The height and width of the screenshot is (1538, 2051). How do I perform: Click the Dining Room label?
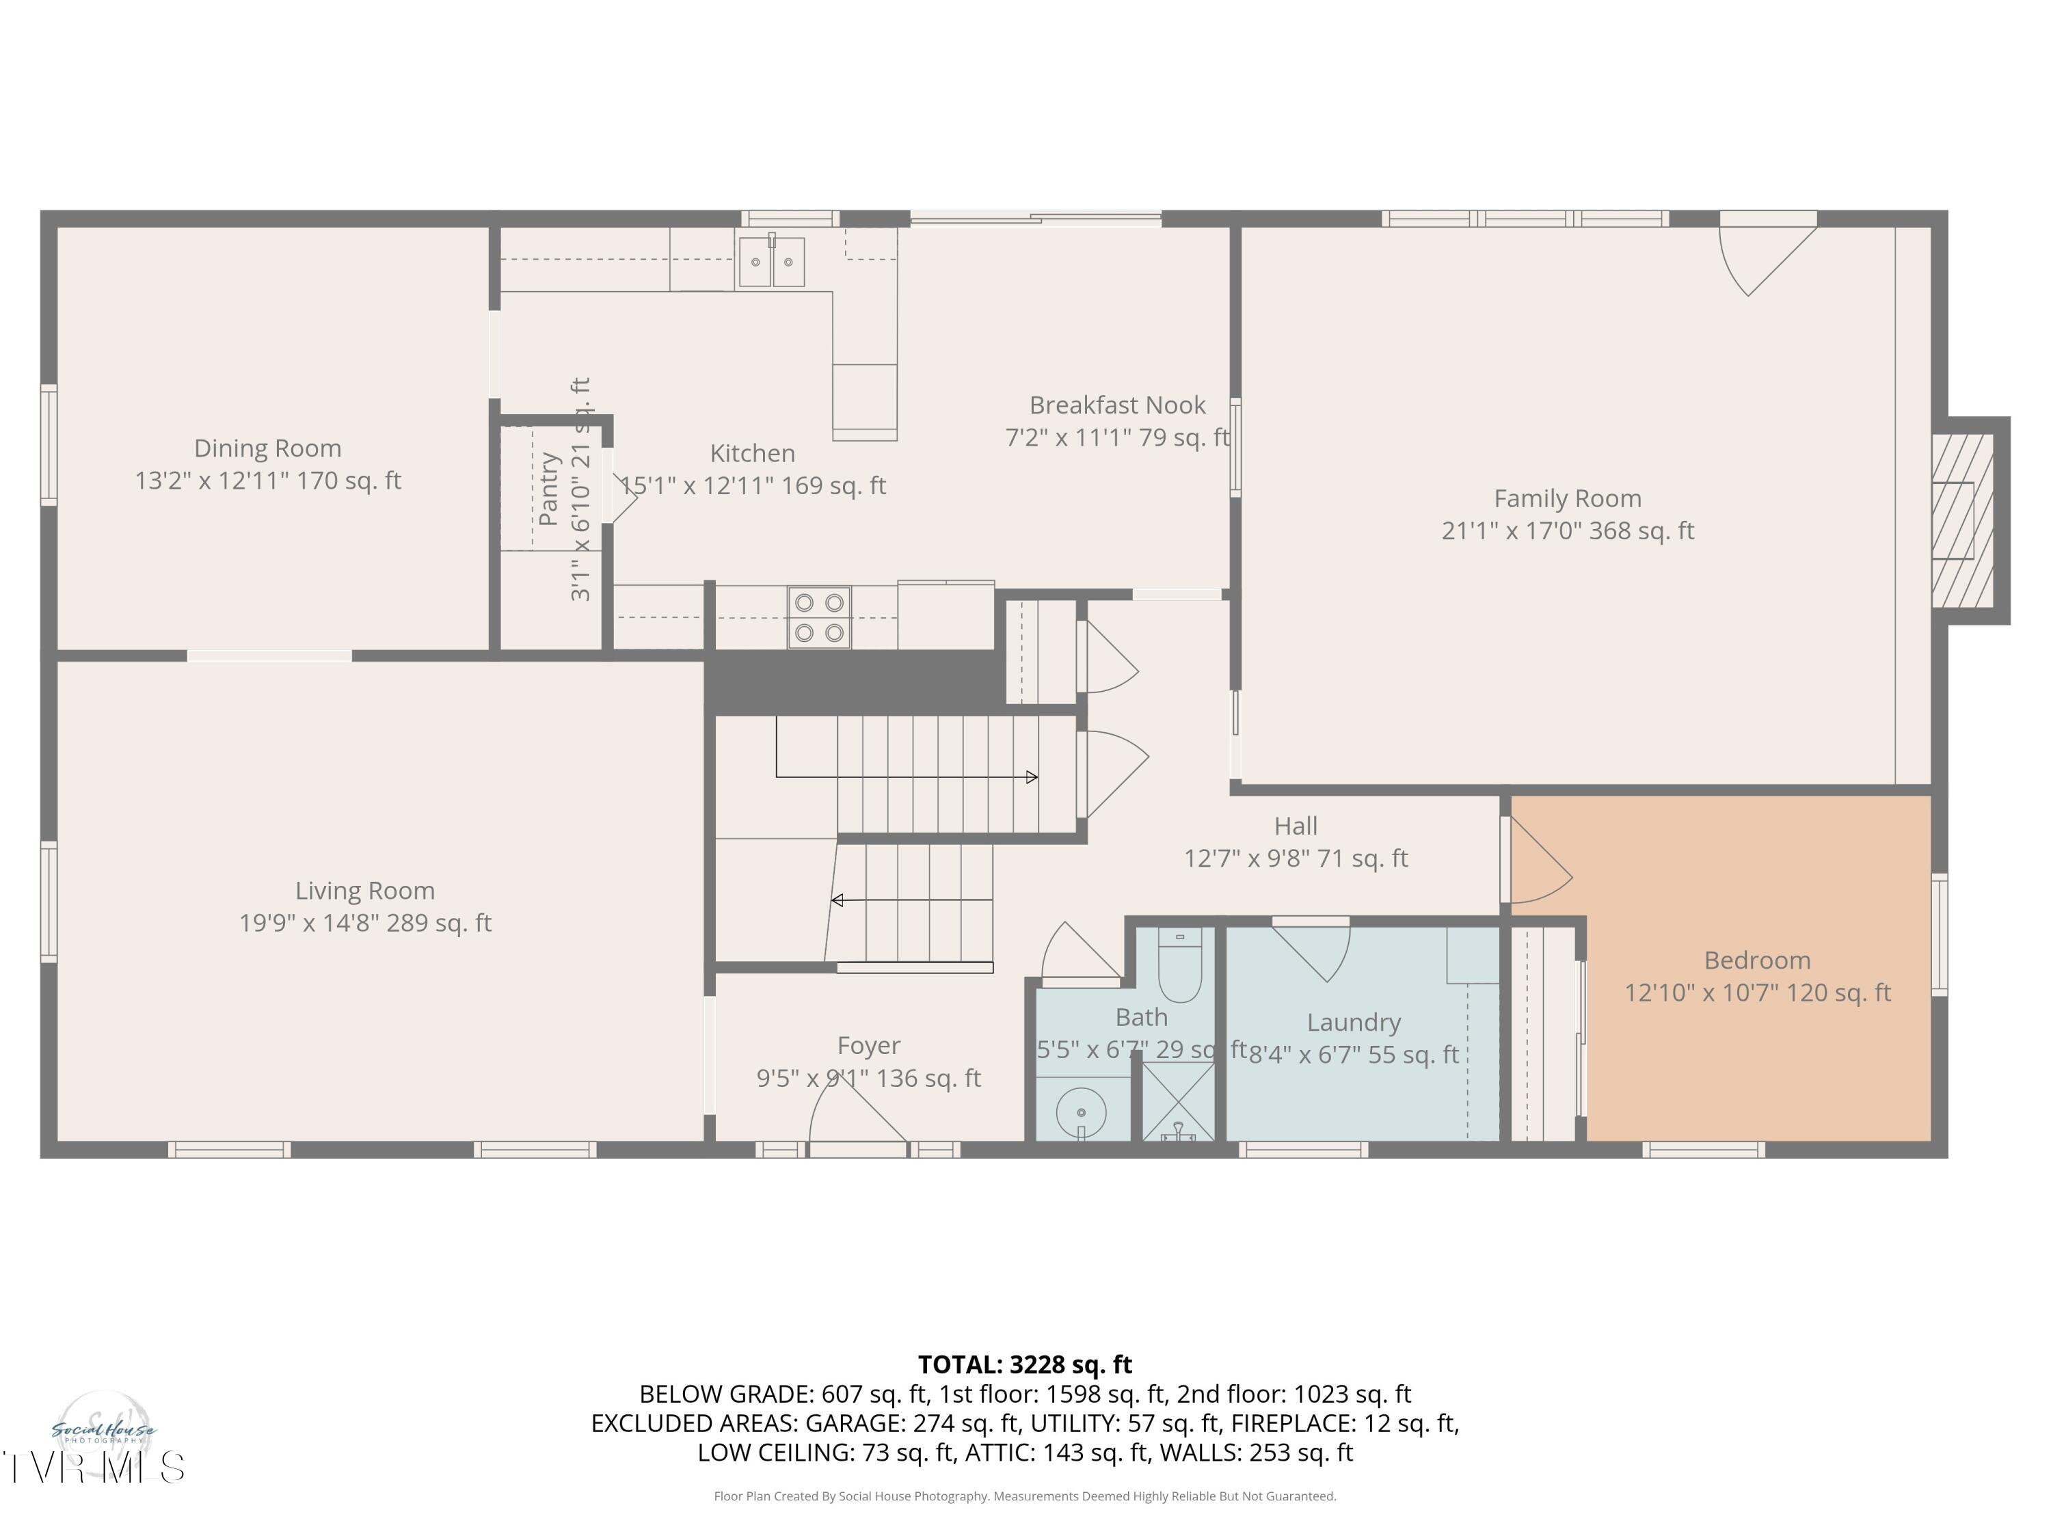[267, 448]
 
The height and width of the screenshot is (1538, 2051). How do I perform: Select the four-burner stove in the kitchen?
[819, 617]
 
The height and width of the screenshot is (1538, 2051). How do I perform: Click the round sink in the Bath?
[1081, 1111]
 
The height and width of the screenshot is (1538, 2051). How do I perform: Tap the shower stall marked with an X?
[1177, 1101]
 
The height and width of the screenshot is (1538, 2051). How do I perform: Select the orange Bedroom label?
[1756, 960]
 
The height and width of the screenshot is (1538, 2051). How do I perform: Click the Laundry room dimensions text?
[1354, 1055]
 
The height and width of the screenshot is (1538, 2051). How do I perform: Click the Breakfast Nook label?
[1116, 406]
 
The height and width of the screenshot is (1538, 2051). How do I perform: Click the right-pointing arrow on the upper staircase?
[1031, 777]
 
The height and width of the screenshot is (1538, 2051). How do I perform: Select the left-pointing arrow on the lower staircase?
[837, 900]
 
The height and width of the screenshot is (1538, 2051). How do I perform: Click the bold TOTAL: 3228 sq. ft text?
[1025, 1364]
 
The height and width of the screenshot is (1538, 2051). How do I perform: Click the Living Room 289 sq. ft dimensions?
[365, 923]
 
